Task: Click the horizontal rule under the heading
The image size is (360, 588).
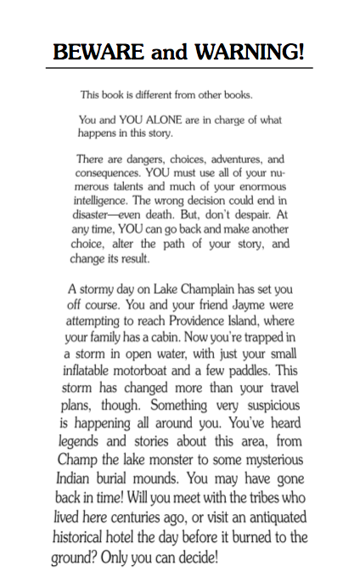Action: click(x=180, y=68)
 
